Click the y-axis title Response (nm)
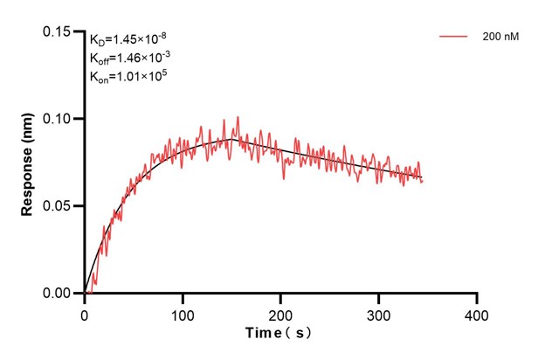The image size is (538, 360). pos(28,162)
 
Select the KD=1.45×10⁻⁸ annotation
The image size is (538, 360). pos(126,39)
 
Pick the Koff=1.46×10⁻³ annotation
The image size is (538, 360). pos(127,58)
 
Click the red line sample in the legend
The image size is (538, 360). pos(454,37)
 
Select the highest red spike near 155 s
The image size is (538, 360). pos(237,117)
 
